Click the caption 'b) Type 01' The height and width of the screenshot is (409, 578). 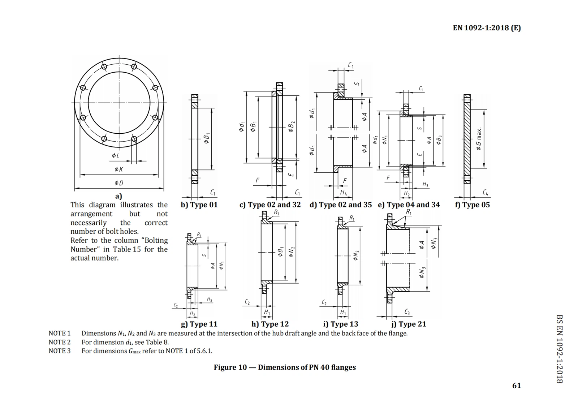coord(199,205)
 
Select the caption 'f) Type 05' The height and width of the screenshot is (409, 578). coord(472,205)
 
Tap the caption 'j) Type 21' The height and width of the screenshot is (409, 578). coord(409,324)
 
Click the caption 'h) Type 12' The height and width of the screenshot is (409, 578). coord(270,324)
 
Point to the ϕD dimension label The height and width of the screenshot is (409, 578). coord(118,183)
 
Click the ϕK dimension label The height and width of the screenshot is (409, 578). coord(118,169)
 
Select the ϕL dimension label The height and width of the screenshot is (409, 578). coord(115,156)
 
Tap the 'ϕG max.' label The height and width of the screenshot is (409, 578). coord(479,139)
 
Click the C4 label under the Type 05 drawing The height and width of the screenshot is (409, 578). coord(486,193)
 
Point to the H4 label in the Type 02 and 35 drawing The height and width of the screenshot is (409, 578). coord(343,193)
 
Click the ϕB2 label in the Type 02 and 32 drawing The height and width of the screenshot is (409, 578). coord(292,127)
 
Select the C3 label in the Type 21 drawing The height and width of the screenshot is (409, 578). coord(407,312)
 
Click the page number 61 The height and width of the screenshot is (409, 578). coord(517,386)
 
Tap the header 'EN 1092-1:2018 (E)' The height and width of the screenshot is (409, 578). coord(487,28)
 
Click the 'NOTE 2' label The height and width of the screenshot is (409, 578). coord(60,342)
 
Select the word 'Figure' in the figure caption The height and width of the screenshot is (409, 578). coord(225,367)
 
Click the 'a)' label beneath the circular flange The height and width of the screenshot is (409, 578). coord(118,196)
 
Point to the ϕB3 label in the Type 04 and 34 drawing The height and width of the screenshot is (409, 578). coord(439,140)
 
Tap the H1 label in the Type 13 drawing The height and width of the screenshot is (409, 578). coord(343,312)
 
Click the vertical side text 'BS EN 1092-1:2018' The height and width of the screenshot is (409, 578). coord(559,349)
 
